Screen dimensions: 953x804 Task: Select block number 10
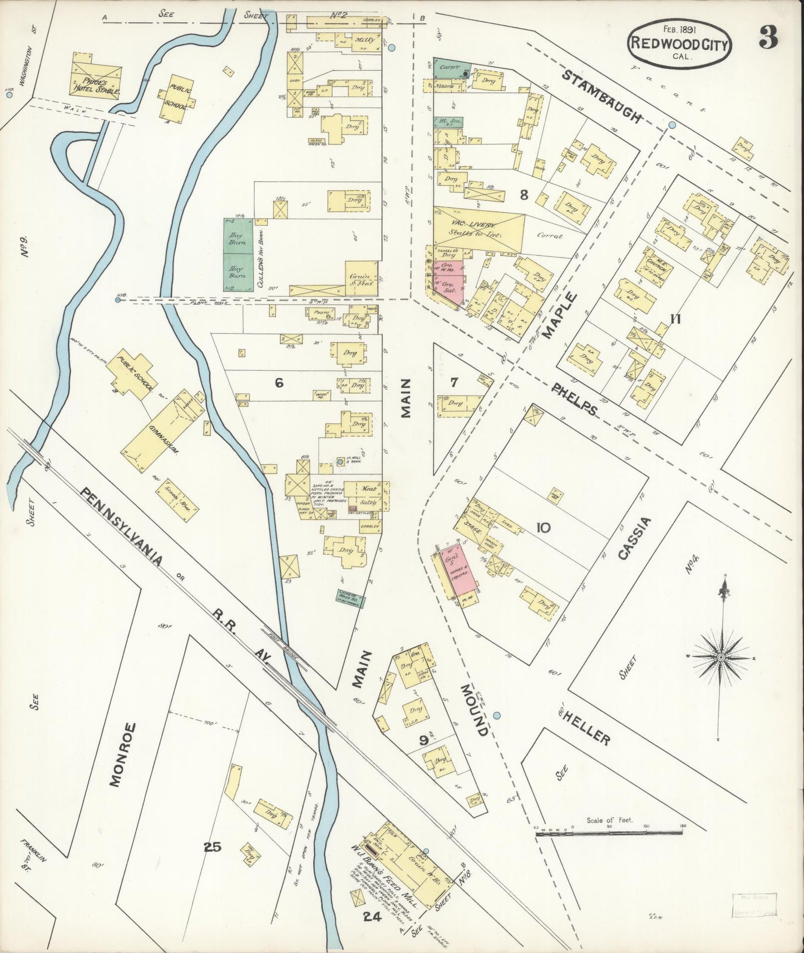542,527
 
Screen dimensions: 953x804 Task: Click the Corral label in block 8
549,236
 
